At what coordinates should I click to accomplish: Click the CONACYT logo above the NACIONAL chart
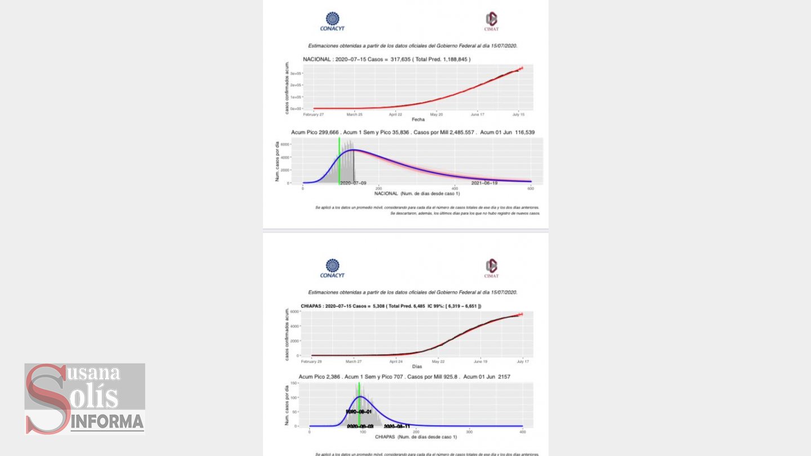tap(332, 21)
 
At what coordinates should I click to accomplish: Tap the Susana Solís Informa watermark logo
tap(85, 399)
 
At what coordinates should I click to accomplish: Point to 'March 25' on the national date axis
tap(354, 114)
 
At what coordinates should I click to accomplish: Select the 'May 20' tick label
tap(436, 114)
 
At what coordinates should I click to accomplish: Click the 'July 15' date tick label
tap(518, 114)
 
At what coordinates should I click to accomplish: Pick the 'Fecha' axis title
tap(418, 119)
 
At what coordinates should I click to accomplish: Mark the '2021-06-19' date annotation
tap(484, 183)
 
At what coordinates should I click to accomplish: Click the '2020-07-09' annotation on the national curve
tap(353, 183)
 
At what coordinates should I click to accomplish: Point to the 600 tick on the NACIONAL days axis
tap(531, 189)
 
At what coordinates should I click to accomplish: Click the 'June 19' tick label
tap(480, 361)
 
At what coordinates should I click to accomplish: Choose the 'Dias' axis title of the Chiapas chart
tap(417, 366)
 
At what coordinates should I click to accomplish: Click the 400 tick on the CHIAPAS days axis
tap(523, 432)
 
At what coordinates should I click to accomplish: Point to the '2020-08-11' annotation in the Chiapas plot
tap(396, 426)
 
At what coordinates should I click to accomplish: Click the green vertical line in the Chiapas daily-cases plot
tap(359, 405)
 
